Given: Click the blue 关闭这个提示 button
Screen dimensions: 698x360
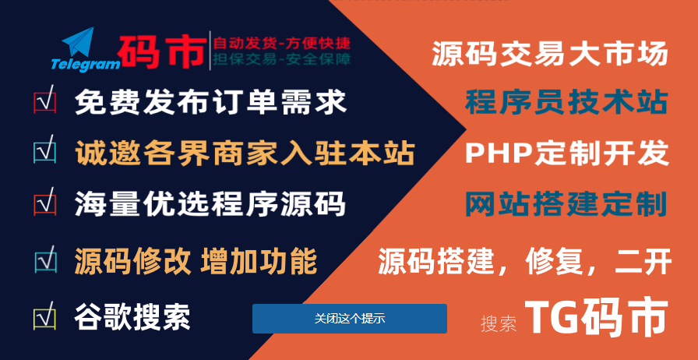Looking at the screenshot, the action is click(350, 319).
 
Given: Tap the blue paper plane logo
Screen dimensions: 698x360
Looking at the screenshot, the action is click(79, 42).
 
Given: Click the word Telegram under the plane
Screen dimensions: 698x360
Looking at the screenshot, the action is click(86, 64).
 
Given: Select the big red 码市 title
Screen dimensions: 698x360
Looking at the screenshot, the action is click(163, 51).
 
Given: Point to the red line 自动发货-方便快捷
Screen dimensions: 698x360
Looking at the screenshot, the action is click(282, 43).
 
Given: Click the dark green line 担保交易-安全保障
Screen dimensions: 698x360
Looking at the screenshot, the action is click(282, 59).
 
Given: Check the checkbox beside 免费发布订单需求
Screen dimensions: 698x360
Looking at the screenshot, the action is click(45, 100).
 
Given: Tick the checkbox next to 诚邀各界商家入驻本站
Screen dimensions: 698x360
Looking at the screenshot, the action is click(45, 150).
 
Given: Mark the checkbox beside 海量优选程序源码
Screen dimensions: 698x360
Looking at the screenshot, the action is click(45, 202).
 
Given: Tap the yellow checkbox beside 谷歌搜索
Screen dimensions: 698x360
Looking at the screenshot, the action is click(45, 316).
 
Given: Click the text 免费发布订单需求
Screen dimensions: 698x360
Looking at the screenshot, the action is click(210, 102).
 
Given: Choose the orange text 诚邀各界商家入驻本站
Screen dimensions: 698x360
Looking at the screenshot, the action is click(245, 153).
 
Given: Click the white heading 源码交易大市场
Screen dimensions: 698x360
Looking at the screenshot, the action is click(550, 54).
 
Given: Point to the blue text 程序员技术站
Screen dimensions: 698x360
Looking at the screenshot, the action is click(566, 102).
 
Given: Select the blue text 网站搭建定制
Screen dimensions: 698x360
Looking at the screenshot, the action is click(566, 204).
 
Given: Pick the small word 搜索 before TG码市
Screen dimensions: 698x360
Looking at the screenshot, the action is click(499, 324).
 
